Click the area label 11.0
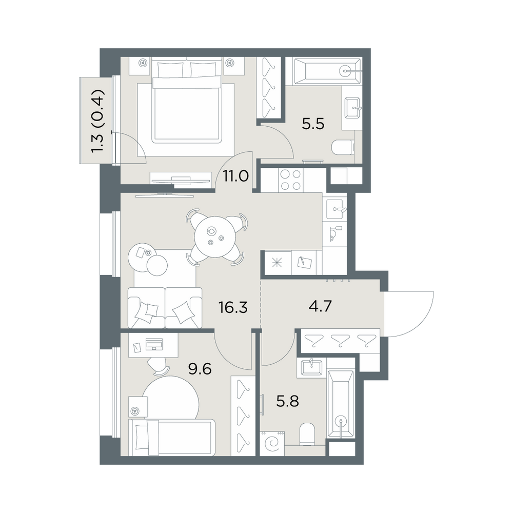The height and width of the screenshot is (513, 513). click(236, 176)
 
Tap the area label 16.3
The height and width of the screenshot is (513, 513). click(233, 307)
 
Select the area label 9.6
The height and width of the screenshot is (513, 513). click(200, 369)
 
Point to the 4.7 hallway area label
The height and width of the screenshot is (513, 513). click(320, 306)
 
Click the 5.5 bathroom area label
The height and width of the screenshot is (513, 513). click(313, 124)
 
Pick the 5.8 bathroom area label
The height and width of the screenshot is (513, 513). click(288, 401)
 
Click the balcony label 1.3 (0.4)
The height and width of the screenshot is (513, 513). click(98, 121)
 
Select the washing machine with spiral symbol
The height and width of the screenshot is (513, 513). click(272, 444)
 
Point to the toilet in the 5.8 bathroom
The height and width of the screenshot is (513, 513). click(307, 435)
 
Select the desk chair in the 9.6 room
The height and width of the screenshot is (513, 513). click(159, 366)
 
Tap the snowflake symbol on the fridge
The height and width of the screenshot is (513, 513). click(278, 263)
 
